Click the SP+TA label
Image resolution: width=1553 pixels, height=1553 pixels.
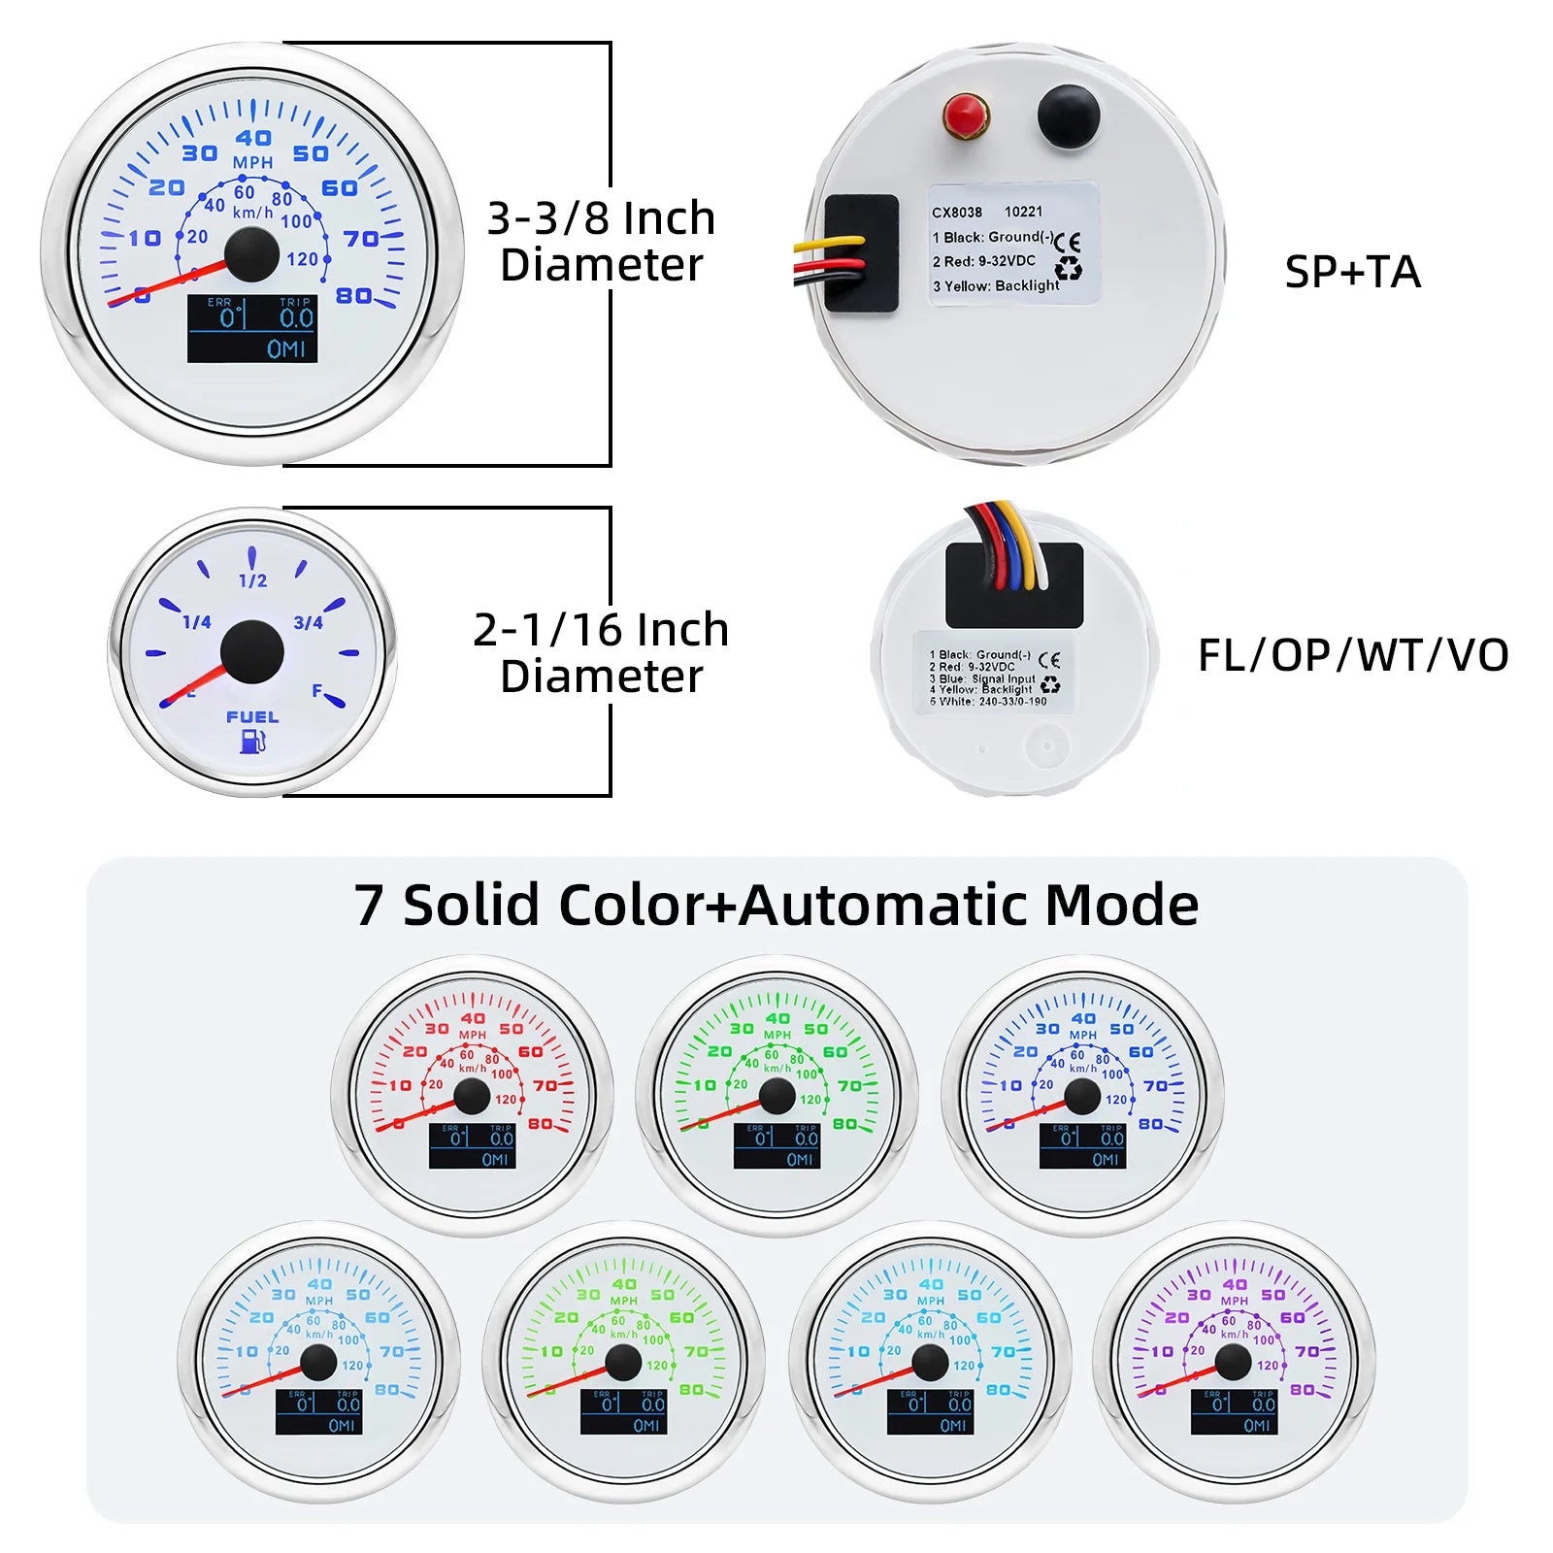point(1352,273)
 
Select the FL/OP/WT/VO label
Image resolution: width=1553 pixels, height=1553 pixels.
point(1353,655)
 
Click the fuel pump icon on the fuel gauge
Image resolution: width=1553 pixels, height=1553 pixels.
point(252,742)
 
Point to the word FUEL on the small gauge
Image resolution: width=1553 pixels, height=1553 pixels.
point(252,717)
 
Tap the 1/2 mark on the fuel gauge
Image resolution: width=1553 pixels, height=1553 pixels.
point(252,580)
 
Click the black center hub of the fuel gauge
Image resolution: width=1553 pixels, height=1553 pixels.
point(252,651)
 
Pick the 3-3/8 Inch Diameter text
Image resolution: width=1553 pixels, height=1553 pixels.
point(602,242)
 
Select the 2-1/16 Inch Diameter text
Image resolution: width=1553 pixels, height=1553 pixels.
point(602,653)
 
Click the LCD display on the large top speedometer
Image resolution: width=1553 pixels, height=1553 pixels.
point(252,329)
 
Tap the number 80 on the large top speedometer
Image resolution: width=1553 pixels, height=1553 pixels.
point(354,295)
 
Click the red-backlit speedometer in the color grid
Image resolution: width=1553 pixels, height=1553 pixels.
point(473,1095)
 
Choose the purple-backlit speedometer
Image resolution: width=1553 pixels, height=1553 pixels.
point(1234,1361)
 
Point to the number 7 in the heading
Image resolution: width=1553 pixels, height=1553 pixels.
point(368,906)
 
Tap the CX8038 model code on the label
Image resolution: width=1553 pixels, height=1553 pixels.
point(957,212)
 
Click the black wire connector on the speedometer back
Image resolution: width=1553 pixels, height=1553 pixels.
point(861,252)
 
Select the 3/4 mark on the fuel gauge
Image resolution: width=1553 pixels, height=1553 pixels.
point(308,622)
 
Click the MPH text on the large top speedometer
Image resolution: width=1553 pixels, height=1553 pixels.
point(252,162)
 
